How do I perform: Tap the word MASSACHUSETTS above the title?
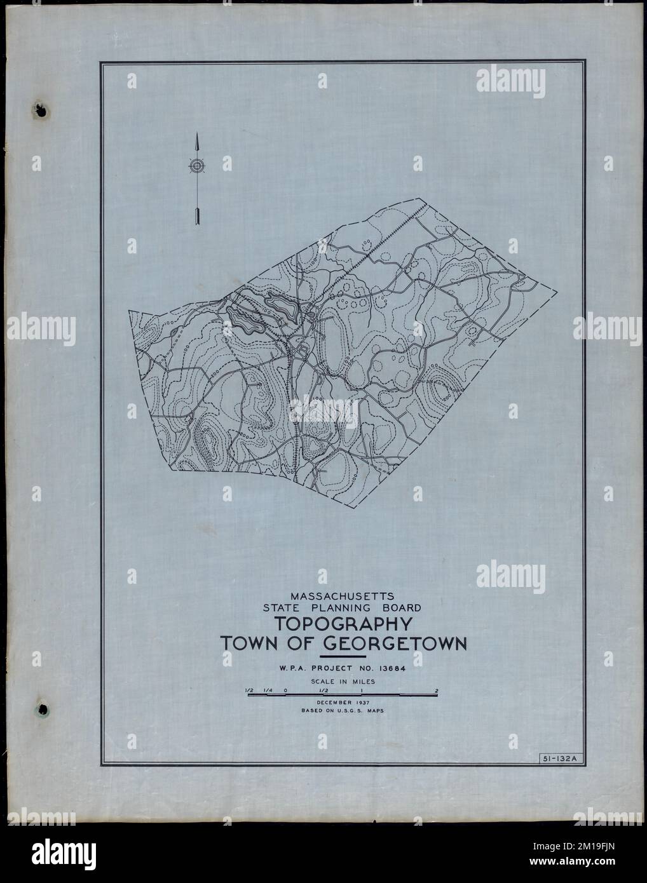343,597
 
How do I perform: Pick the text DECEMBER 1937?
343,703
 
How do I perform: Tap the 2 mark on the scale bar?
437,691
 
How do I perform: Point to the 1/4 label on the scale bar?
269,691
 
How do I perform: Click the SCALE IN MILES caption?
343,681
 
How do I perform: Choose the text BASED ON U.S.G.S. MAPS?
343,711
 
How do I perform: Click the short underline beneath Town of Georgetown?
343,656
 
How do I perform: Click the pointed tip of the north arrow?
197,136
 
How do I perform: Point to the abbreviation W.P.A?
295,668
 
